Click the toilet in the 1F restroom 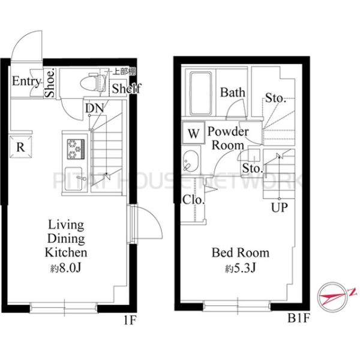point(93,82)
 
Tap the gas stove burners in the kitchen point(76,149)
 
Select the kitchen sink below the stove point(74,179)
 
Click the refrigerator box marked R point(20,147)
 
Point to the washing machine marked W point(193,133)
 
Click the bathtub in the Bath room point(201,94)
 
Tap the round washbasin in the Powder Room point(191,161)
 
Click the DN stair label point(95,109)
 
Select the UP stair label point(280,208)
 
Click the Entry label point(26,81)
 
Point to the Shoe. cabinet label point(50,83)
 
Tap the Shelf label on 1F point(126,88)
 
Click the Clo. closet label point(193,200)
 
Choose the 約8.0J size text point(66,268)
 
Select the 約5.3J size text point(240,268)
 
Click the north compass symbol point(334,298)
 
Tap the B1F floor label point(299,318)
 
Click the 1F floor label point(130,320)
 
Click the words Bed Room point(241,253)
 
